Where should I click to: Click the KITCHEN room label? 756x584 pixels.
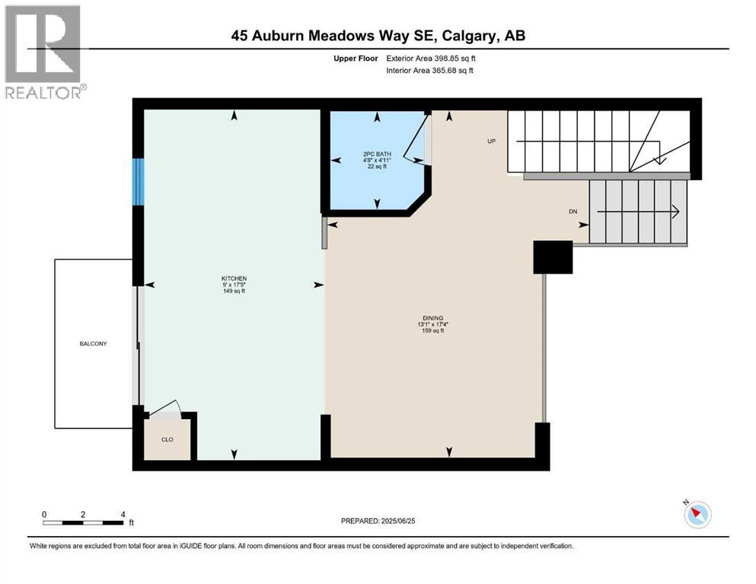click(x=234, y=278)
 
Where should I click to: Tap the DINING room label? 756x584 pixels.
click(x=432, y=318)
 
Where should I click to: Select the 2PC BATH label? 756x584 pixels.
click(x=377, y=154)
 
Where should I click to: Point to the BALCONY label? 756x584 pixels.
click(x=94, y=344)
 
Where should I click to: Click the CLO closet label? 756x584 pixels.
click(x=167, y=439)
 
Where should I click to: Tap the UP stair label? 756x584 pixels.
click(x=492, y=141)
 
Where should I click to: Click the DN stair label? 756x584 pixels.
click(x=573, y=211)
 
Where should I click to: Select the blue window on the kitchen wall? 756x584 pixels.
click(x=138, y=182)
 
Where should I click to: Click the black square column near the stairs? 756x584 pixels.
click(x=553, y=257)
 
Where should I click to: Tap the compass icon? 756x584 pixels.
click(x=697, y=515)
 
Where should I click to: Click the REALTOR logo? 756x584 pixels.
click(x=44, y=52)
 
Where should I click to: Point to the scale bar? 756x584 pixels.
click(x=84, y=522)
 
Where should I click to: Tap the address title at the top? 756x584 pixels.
click(x=378, y=35)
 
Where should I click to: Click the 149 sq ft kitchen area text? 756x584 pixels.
click(x=234, y=291)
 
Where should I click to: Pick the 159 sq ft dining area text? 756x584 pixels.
click(x=432, y=331)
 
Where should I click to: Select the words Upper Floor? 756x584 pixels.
click(x=356, y=58)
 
